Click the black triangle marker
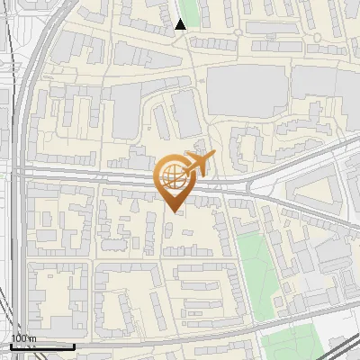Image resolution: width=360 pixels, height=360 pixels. click(x=181, y=24)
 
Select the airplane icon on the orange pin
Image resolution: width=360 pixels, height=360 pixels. click(x=197, y=164)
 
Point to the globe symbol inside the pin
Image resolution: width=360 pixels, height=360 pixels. click(x=173, y=177)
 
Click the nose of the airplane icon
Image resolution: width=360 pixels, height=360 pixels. click(x=214, y=155)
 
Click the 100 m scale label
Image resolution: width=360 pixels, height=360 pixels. click(x=23, y=338)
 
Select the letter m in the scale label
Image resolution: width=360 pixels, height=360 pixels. click(x=32, y=338)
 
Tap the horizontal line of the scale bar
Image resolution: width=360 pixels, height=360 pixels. click(x=42, y=346)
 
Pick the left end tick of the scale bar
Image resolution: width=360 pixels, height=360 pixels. click(x=11, y=345)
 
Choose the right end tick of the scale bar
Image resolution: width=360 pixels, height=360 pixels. click(x=74, y=345)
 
